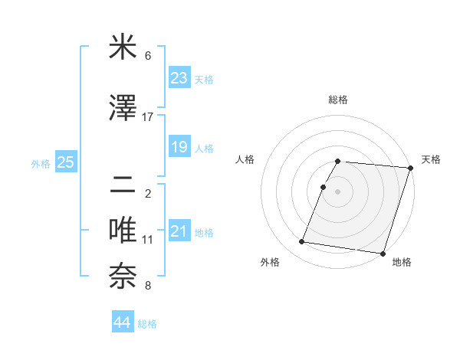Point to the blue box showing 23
(x=179, y=78)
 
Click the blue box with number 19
(x=179, y=147)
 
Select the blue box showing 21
(x=179, y=232)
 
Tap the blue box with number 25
(x=65, y=162)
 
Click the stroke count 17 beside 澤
(x=148, y=116)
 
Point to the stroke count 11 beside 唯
(x=148, y=239)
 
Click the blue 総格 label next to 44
(x=147, y=324)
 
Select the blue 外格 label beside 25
(x=41, y=163)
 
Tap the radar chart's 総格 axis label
(x=337, y=100)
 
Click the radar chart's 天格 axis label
(x=431, y=159)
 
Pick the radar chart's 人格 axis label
(x=245, y=159)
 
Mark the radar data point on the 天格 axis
(x=410, y=168)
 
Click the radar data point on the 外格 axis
(x=301, y=242)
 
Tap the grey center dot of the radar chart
(x=337, y=191)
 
